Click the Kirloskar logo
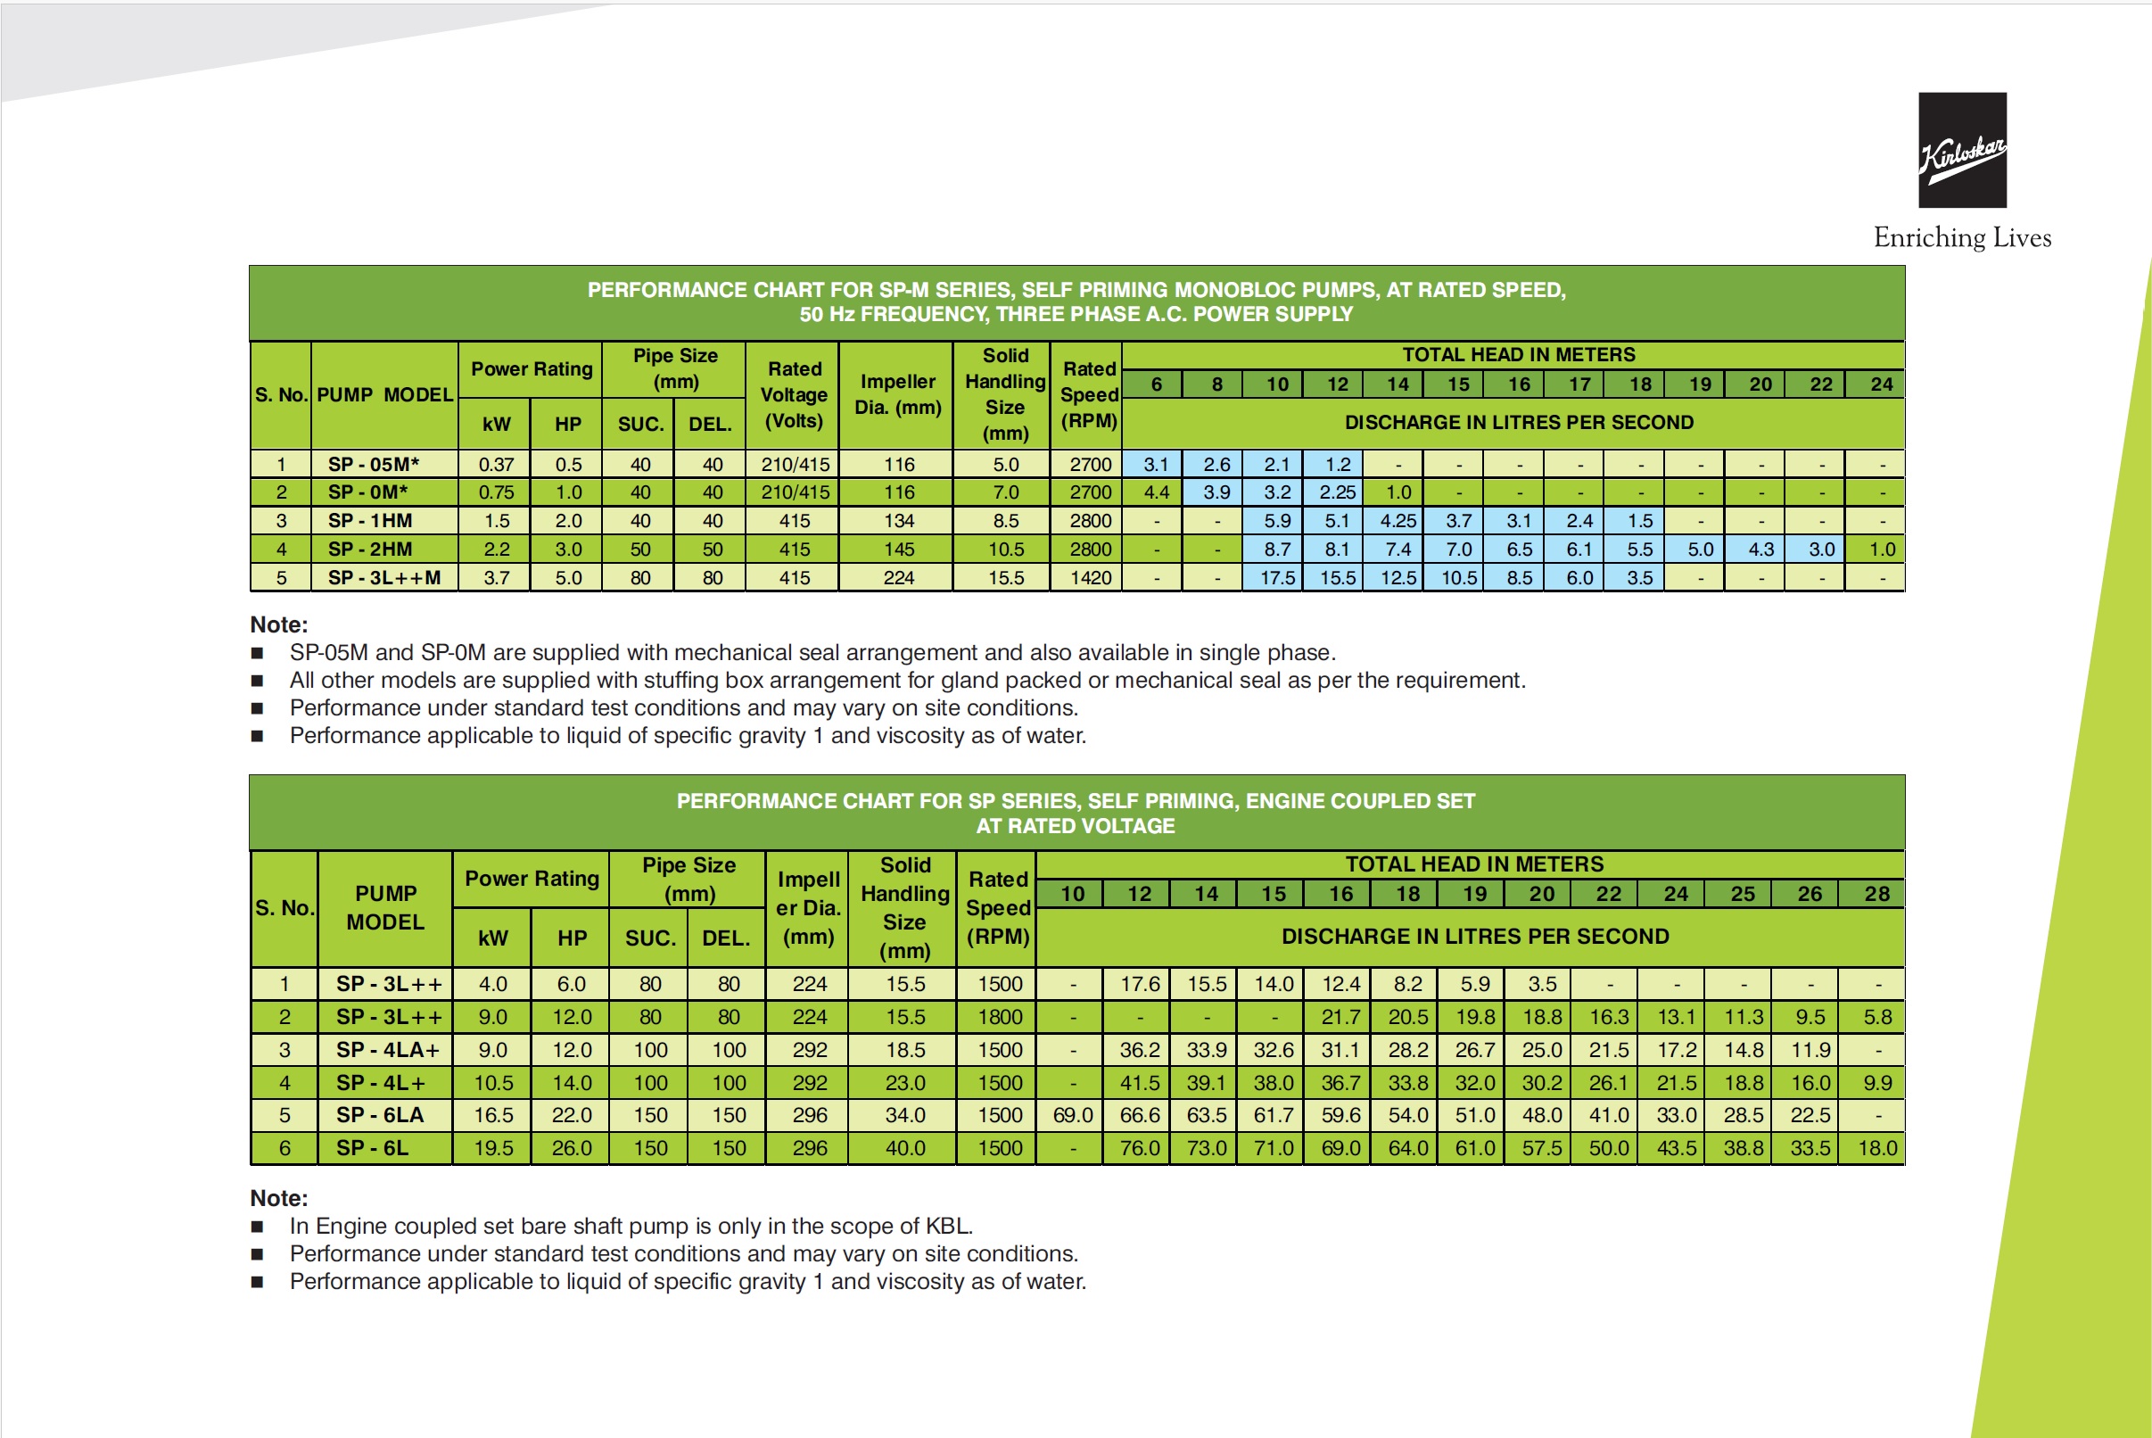pyautogui.click(x=1962, y=150)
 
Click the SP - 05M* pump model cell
pyautogui.click(x=373, y=464)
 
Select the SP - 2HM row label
pyautogui.click(x=369, y=550)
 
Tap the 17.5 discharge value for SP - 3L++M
pyautogui.click(x=1277, y=578)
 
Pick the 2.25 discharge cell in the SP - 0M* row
pyautogui.click(x=1337, y=492)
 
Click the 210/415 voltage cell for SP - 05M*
pyautogui.click(x=795, y=464)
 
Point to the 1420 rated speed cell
pyautogui.click(x=1090, y=578)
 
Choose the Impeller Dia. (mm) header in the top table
pyautogui.click(x=898, y=394)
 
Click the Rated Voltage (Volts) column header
pyautogui.click(x=795, y=394)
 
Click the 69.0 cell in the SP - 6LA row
pyautogui.click(x=1073, y=1115)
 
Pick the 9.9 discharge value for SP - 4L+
pyautogui.click(x=1877, y=1083)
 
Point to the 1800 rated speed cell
pyautogui.click(x=1000, y=1017)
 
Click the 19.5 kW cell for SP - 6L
pyautogui.click(x=493, y=1148)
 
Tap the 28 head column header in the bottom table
pyautogui.click(x=1877, y=894)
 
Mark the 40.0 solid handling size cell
pyautogui.click(x=905, y=1148)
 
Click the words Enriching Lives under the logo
pyautogui.click(x=1962, y=237)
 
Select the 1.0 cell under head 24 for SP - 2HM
pyautogui.click(x=1883, y=550)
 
